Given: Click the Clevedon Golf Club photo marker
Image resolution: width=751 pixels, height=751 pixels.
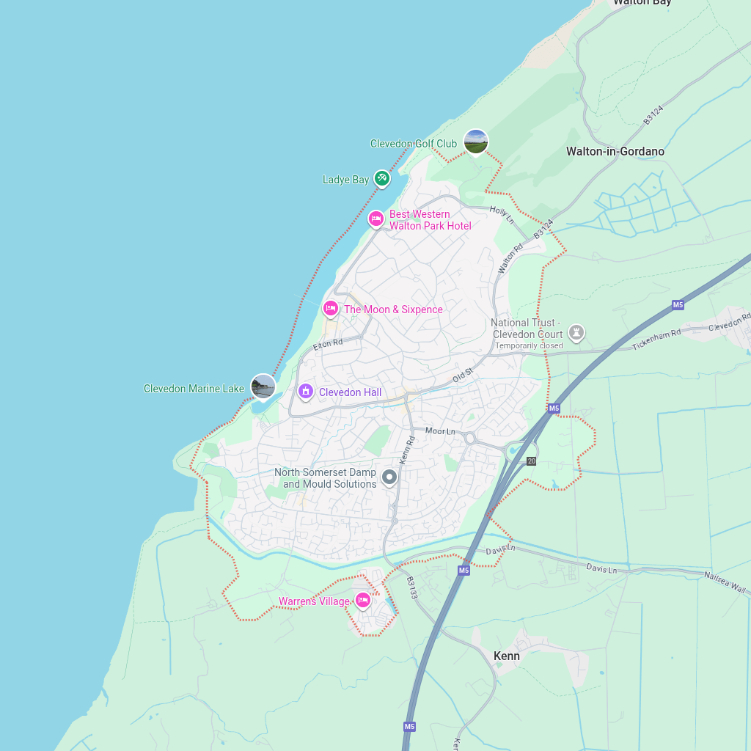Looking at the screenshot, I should (476, 142).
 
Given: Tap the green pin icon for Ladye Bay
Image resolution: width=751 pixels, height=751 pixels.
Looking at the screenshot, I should (381, 178).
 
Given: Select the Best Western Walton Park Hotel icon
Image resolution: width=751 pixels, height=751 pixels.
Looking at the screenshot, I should (375, 219).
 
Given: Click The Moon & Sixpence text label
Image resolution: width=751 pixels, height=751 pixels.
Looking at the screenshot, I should (393, 309).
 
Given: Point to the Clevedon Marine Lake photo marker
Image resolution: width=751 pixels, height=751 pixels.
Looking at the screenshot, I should (263, 387).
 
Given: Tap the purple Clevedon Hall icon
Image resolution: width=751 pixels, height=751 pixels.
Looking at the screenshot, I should (305, 392).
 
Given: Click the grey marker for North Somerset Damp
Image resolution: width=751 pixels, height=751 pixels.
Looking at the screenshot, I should (389, 477).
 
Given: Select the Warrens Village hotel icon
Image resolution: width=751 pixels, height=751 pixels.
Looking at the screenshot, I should (362, 601).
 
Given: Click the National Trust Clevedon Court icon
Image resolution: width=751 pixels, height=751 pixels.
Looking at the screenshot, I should (577, 333).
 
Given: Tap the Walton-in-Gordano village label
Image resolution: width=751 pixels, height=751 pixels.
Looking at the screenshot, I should (615, 152).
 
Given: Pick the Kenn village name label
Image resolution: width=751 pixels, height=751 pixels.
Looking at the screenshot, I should (506, 656).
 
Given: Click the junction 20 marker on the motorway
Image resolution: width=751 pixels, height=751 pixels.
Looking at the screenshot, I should (531, 461).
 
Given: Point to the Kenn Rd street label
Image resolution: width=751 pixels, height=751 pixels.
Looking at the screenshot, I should (407, 450).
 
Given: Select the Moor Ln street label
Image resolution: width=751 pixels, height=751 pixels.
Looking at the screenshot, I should (440, 431).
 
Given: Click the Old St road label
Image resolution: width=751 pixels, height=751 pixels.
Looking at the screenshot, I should (463, 375).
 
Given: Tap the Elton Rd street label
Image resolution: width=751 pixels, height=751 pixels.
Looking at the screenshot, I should (328, 343).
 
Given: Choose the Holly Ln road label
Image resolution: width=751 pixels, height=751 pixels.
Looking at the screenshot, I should (502, 214).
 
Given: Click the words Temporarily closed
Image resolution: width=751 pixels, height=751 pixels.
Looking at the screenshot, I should (529, 345).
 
